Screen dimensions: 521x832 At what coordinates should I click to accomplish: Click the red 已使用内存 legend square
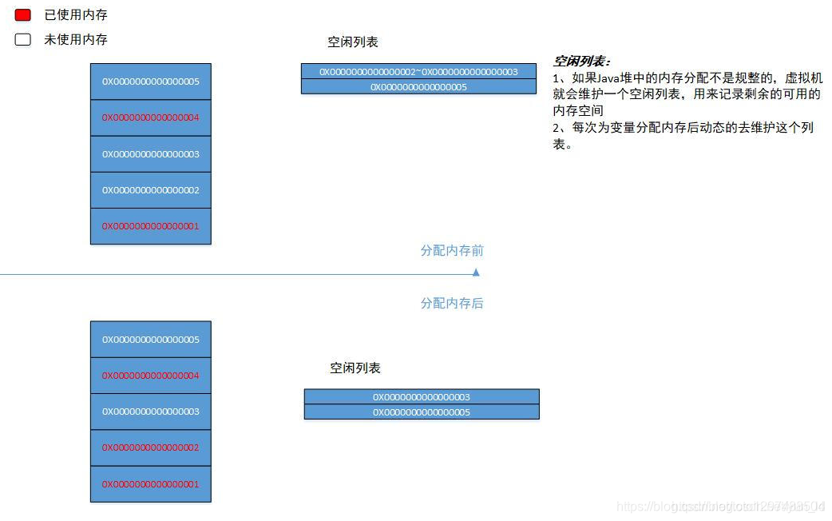22,14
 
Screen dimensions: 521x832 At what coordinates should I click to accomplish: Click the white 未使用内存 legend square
22,39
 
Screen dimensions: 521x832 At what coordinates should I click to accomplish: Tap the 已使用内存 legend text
75,14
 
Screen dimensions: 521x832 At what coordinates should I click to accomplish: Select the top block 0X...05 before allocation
150,82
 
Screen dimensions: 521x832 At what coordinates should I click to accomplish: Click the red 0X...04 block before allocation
150,117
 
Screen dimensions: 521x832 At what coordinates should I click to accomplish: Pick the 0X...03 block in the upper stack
150,154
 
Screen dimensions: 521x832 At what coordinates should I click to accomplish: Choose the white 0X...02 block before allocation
150,190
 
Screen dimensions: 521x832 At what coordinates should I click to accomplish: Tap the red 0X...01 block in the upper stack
150,226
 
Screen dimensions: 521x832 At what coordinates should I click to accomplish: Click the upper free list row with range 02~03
418,72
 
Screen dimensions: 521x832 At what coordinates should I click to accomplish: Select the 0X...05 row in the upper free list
418,86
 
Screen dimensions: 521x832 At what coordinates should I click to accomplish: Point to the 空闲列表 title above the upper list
352,42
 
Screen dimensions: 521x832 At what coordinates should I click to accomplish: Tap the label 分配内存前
452,251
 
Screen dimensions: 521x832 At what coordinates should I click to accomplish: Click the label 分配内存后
452,304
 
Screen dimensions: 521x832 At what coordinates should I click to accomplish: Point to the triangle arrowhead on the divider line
476,272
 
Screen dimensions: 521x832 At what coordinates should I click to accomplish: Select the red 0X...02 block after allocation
150,447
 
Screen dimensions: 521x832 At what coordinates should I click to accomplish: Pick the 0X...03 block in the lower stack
150,412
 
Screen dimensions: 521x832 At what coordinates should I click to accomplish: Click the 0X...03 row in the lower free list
421,397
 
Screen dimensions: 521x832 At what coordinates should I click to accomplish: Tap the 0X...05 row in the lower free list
421,412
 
